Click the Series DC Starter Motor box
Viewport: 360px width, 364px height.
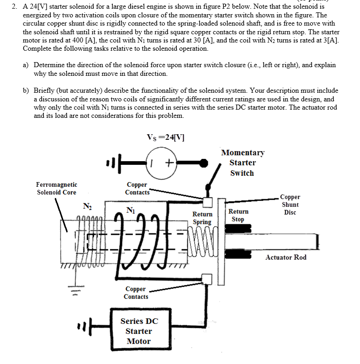(138, 331)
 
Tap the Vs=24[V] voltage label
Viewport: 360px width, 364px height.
(165, 137)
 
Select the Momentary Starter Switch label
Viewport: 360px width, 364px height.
(242, 163)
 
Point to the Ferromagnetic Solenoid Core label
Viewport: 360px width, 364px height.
(57, 188)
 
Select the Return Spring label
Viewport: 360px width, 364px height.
(202, 218)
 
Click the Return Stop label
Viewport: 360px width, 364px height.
(238, 215)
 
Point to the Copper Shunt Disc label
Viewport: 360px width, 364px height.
(290, 205)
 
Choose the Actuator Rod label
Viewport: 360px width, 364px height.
(286, 257)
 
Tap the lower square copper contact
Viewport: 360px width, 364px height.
(207, 279)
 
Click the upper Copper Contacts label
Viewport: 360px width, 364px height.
(137, 188)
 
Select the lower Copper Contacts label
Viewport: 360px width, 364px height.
(136, 293)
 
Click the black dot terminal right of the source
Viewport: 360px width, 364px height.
(203, 162)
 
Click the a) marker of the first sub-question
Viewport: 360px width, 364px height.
(26, 65)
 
